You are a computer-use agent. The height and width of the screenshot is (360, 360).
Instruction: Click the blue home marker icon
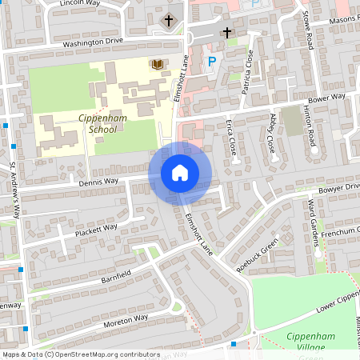point(180,172)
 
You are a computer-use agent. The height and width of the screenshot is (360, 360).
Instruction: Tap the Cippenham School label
point(98,123)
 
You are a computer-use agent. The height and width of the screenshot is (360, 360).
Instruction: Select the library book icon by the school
point(158,63)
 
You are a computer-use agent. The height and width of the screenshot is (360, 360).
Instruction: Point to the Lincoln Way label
point(81,4)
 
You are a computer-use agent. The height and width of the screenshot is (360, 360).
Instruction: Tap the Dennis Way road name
point(100,182)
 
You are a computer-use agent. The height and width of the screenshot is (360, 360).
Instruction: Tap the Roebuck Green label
point(262,253)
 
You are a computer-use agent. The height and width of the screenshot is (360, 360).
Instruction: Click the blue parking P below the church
point(212,61)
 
